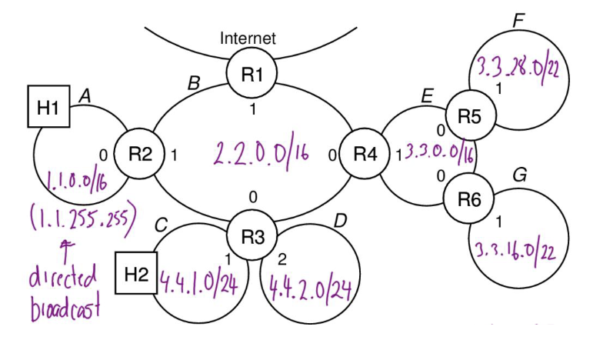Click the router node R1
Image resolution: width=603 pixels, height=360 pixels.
tap(252, 75)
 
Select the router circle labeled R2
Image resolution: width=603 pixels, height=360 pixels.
tap(139, 153)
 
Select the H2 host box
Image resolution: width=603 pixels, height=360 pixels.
tap(135, 272)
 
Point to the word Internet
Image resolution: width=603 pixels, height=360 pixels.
tap(248, 38)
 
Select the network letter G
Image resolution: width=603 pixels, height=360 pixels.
tap(520, 175)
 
